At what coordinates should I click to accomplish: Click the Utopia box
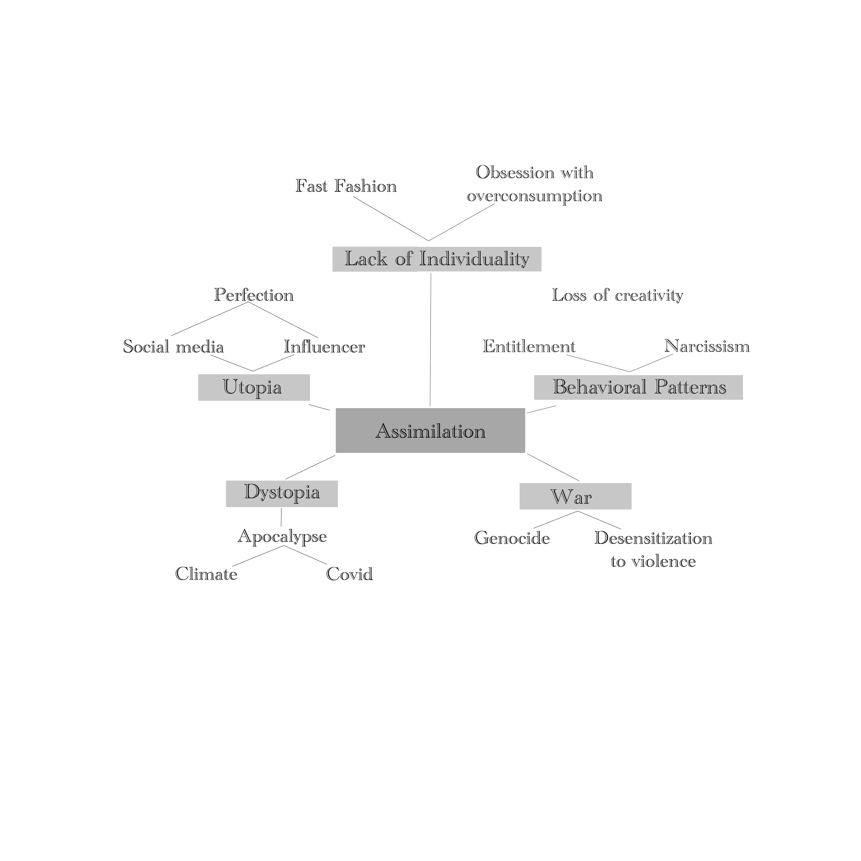tap(253, 387)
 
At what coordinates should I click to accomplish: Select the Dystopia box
tap(282, 493)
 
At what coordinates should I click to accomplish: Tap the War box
tap(575, 496)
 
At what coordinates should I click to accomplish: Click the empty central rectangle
tap(471, 430)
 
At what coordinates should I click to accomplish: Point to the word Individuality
tap(474, 259)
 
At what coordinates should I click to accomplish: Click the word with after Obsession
tap(577, 173)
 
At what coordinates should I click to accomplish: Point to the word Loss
tap(568, 295)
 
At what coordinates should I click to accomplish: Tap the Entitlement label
tap(529, 347)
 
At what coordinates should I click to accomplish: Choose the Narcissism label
tap(707, 347)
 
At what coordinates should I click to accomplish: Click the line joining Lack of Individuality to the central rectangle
tap(430, 339)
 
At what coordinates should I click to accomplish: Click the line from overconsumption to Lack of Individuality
tap(461, 223)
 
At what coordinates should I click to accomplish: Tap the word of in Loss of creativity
tap(600, 295)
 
